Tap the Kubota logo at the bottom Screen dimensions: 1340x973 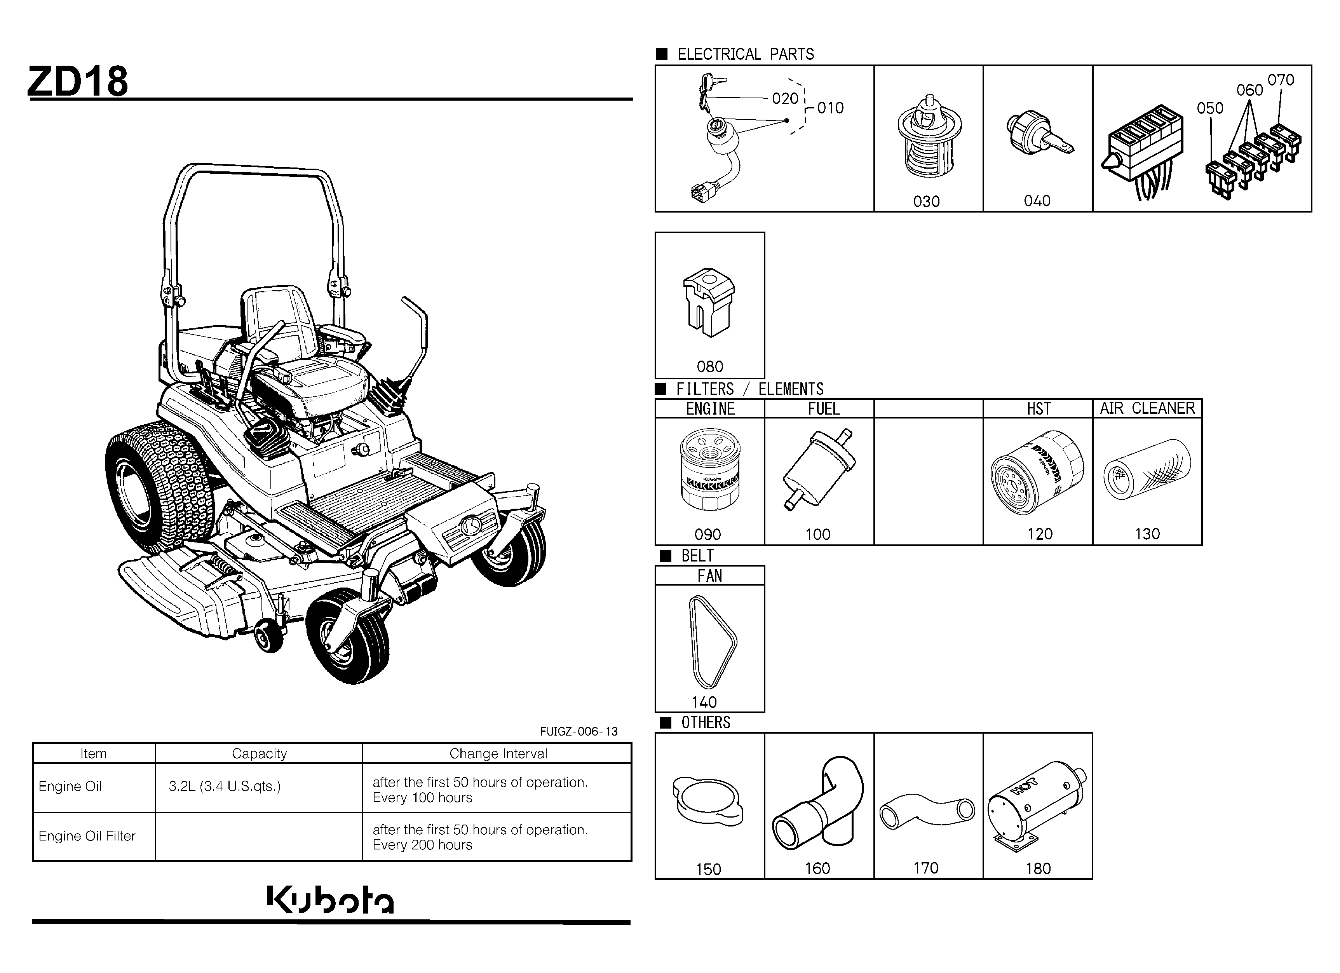click(x=330, y=899)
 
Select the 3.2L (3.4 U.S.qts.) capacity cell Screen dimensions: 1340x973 click(x=225, y=786)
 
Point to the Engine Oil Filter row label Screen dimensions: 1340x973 click(x=87, y=836)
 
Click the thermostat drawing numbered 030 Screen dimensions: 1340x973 click(x=929, y=136)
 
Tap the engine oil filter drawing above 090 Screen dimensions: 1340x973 click(x=709, y=470)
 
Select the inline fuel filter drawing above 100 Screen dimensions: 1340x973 click(x=819, y=469)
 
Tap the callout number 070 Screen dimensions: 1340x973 click(x=1281, y=80)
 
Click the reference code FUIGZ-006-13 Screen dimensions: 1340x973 click(x=579, y=731)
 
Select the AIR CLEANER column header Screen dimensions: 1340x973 click(x=1147, y=408)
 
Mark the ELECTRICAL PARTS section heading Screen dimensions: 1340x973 click(x=746, y=54)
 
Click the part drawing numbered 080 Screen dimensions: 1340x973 click(x=709, y=302)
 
